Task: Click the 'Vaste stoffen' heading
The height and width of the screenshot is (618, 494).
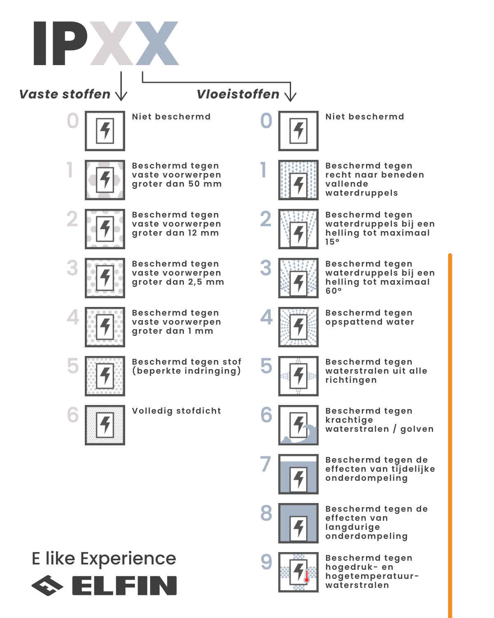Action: point(65,94)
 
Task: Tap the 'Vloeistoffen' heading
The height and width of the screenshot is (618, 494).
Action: point(238,94)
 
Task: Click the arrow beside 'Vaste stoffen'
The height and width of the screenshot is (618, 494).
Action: point(121,87)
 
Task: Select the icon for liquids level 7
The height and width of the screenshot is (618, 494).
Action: point(298,474)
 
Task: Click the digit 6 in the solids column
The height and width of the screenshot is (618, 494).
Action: point(73,415)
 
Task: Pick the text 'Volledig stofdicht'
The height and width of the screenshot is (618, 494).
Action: point(176,411)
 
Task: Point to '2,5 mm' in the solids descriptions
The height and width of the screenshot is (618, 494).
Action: point(209,282)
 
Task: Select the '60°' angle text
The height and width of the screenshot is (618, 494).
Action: point(333,291)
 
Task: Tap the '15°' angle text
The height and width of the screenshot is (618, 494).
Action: point(332,242)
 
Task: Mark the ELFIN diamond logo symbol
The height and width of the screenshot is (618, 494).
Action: point(47,585)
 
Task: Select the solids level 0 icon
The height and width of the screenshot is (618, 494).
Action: point(105,131)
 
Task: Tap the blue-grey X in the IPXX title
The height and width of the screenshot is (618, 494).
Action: point(157,43)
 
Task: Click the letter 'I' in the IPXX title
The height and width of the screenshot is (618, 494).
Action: point(40,43)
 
